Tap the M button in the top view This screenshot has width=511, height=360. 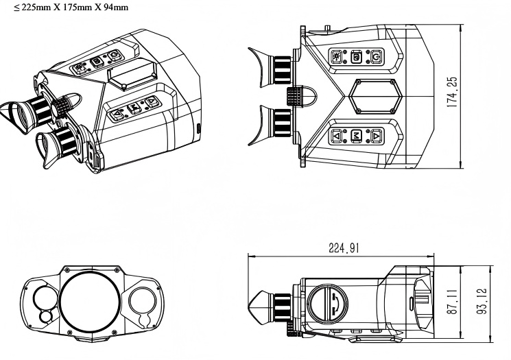click(356, 136)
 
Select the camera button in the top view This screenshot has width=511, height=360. click(356, 58)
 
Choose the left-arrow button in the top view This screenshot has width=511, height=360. click(337, 136)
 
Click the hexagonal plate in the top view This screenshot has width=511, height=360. click(374, 97)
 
